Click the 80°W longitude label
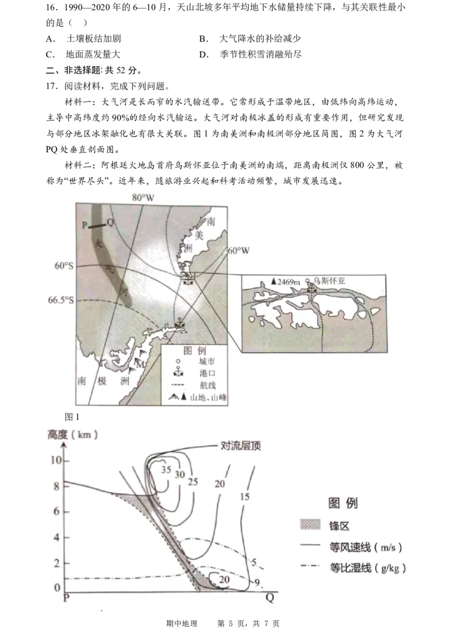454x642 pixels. [143, 198]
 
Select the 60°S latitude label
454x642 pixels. [65, 265]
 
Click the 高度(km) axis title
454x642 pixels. [72, 436]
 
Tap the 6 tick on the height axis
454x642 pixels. [56, 511]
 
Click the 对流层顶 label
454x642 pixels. [240, 446]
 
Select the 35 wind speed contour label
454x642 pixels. [166, 470]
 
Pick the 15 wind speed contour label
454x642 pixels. [245, 497]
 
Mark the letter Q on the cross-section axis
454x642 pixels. [270, 597]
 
